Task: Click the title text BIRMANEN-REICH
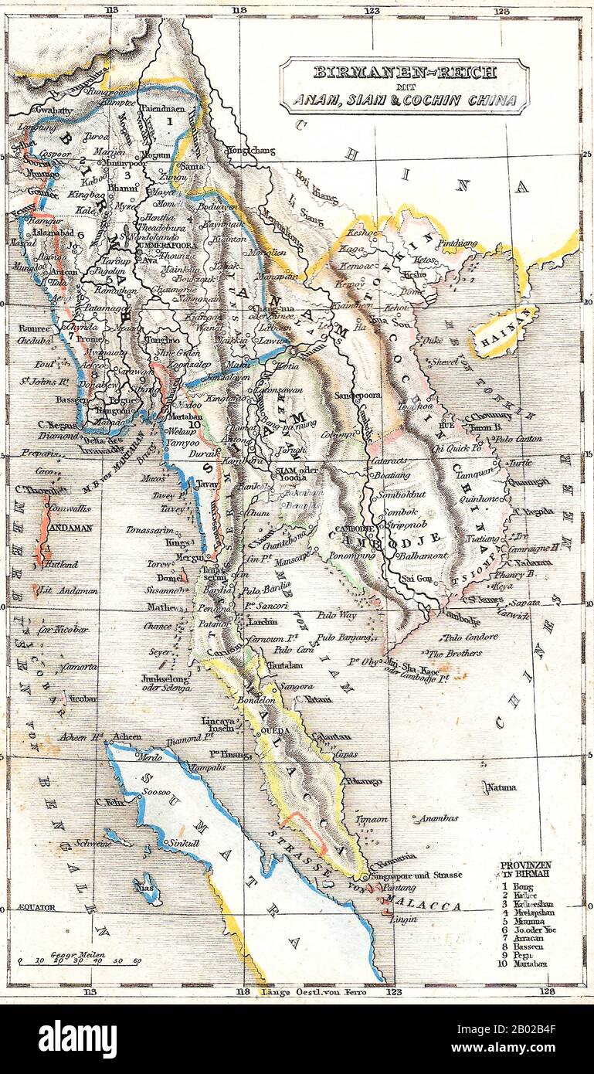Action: tap(404, 73)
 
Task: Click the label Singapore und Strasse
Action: tap(417, 875)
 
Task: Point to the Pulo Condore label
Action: tap(470, 637)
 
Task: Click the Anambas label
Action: tap(437, 818)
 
